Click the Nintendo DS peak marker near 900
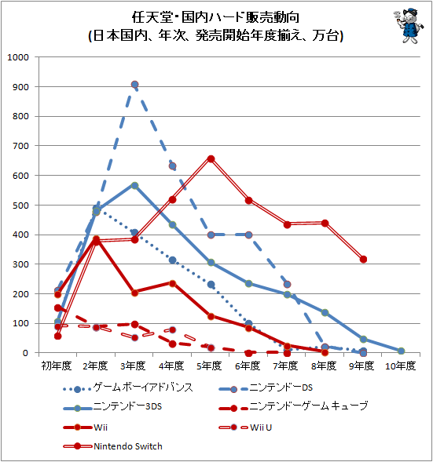pos(134,84)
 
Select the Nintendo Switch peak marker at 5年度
pos(211,158)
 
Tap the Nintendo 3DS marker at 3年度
pos(134,185)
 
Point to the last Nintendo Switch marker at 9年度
pos(363,259)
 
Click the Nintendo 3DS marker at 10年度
pos(401,351)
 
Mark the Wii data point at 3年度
pos(134,293)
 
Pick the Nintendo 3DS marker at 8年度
pos(325,312)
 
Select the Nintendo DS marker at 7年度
pos(287,285)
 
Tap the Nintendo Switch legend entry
pos(114,446)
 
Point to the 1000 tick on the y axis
pos(17,57)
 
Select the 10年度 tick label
pos(401,366)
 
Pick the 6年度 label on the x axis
pos(248,366)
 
